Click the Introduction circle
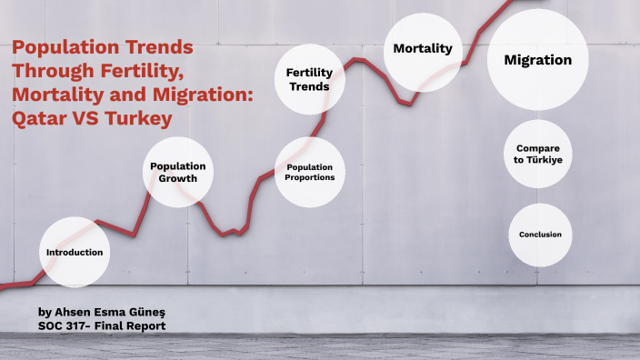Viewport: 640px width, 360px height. click(75, 252)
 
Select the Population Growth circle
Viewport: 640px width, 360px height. click(178, 172)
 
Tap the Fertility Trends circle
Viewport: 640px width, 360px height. click(309, 79)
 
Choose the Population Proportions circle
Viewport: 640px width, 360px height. click(309, 172)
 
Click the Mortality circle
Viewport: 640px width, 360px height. click(422, 49)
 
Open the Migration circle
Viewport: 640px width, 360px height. click(537, 60)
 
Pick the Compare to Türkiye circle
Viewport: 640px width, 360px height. click(537, 154)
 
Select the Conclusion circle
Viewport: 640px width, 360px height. click(540, 235)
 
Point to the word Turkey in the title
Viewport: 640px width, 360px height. click(141, 117)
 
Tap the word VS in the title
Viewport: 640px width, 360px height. click(88, 117)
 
